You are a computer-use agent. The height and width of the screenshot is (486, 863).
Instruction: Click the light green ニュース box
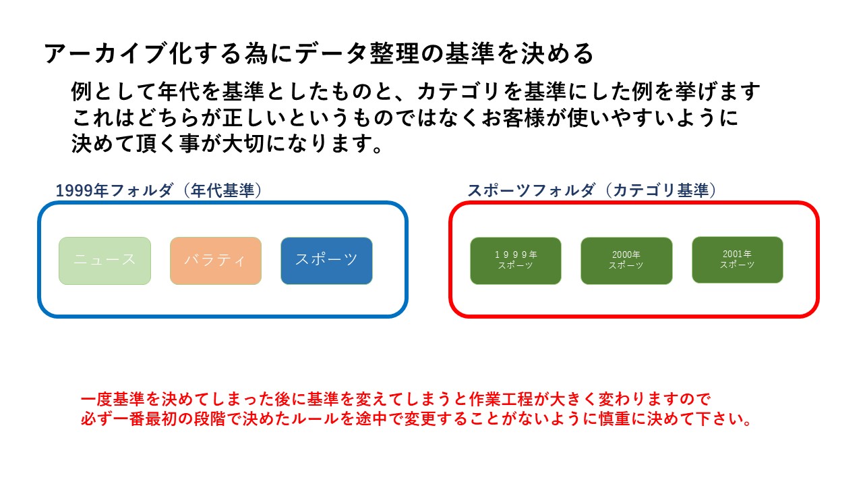pyautogui.click(x=105, y=261)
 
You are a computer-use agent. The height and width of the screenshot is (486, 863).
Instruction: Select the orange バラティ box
pyautogui.click(x=215, y=261)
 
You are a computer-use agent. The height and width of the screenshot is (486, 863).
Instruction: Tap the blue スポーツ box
pyautogui.click(x=326, y=261)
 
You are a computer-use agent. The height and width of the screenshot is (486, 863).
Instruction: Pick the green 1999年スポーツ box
pyautogui.click(x=515, y=261)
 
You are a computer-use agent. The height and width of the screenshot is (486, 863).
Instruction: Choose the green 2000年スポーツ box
pyautogui.click(x=626, y=261)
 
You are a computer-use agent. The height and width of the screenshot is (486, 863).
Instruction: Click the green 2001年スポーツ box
pyautogui.click(x=737, y=260)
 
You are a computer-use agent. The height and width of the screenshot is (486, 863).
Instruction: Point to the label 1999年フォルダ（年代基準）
pyautogui.click(x=158, y=191)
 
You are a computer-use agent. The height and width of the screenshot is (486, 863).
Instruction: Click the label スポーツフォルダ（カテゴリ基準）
pyautogui.click(x=591, y=191)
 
